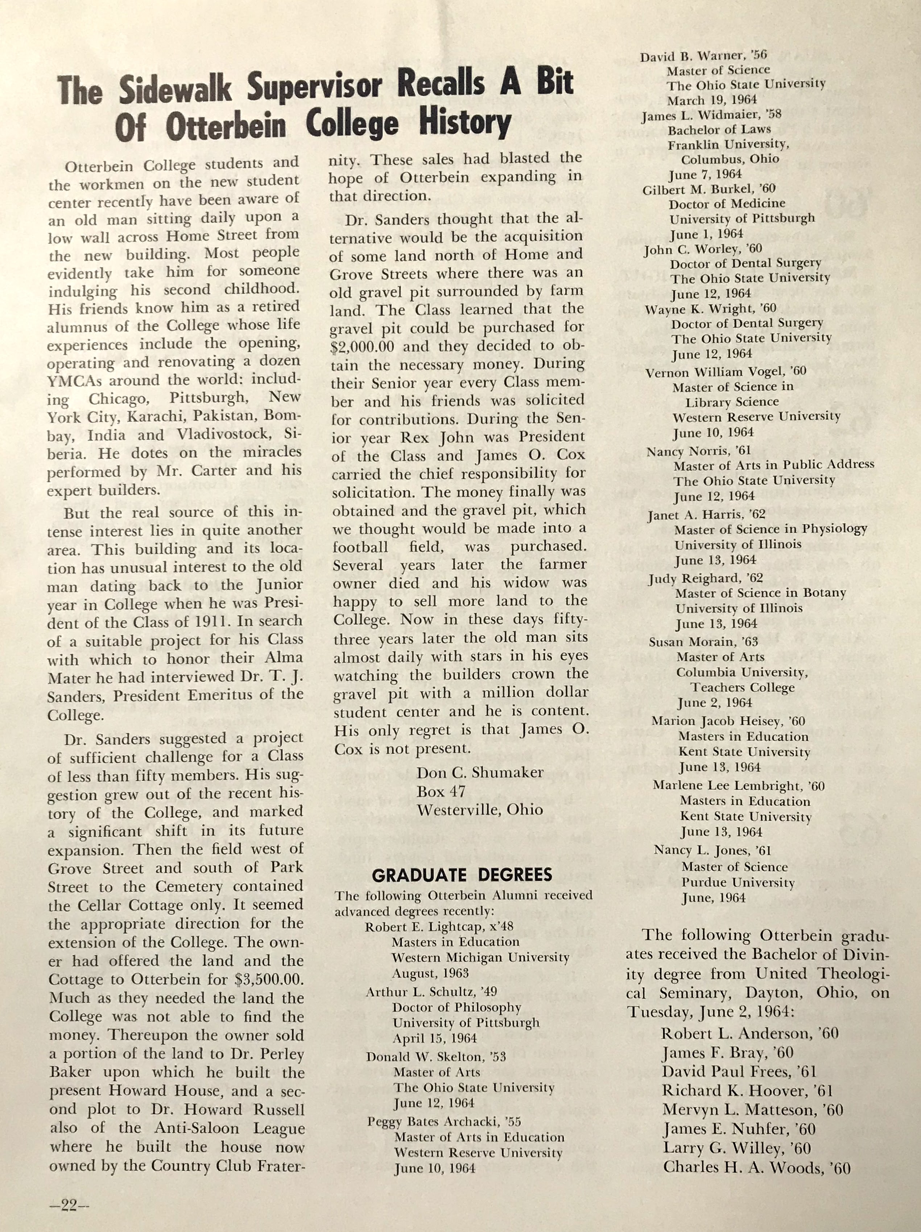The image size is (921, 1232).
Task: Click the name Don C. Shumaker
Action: coord(480,773)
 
